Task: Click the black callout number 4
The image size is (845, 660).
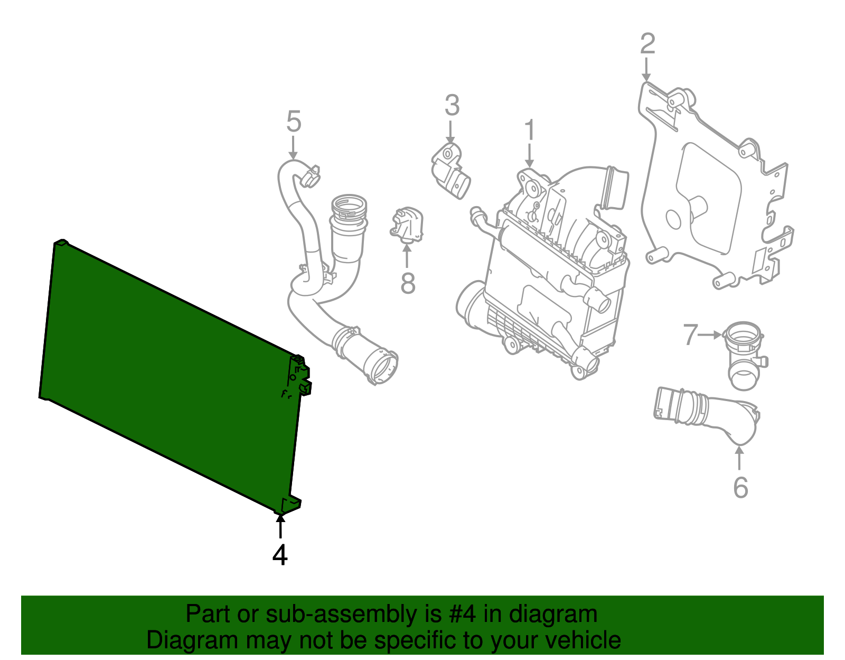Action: click(280, 555)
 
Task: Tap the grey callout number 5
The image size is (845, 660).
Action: click(294, 122)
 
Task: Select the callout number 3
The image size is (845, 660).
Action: click(452, 105)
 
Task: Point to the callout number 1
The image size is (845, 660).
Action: click(529, 130)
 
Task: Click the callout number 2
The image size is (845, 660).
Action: click(647, 43)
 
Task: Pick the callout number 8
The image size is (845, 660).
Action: click(408, 283)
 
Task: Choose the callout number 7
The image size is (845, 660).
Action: click(690, 334)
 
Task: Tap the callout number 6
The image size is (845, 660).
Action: click(740, 487)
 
